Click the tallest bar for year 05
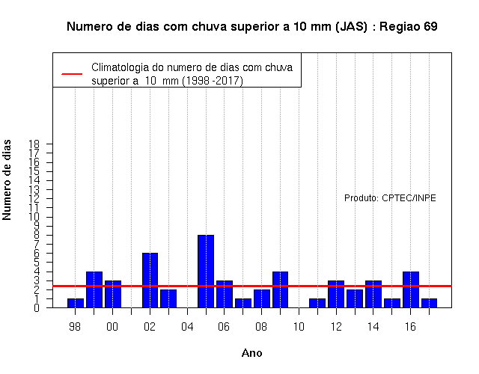[x=206, y=271]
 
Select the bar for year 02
[x=150, y=280]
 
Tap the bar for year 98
[x=76, y=303]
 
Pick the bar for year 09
[x=280, y=289]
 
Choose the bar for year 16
[x=411, y=289]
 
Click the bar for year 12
[x=336, y=294]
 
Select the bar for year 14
[x=373, y=294]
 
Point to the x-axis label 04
[x=187, y=327]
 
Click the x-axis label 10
[x=299, y=327]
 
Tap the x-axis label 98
[x=75, y=327]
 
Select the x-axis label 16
[x=410, y=327]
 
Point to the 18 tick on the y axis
[x=34, y=144]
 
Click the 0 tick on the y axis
[x=37, y=307]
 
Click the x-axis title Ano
[x=251, y=353]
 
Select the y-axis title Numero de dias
[x=7, y=180]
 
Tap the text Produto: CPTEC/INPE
[x=390, y=197]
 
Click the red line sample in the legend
[x=72, y=74]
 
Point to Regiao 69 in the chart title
[x=409, y=27]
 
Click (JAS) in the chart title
[x=351, y=27]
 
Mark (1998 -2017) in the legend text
[x=213, y=81]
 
